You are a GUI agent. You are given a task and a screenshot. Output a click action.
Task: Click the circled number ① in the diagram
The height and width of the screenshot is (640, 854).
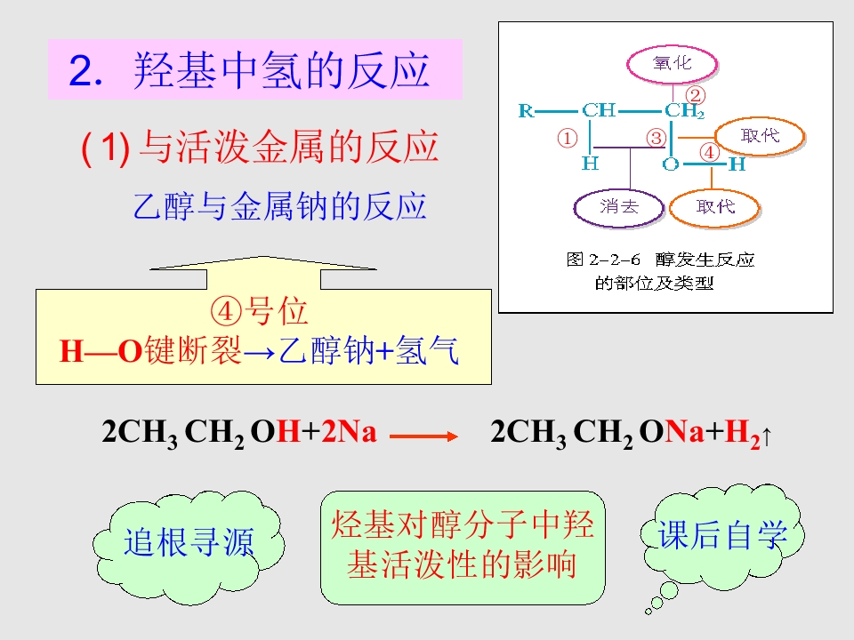tap(567, 138)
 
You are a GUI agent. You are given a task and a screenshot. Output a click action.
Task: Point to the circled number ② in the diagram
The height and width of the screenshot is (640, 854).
tap(695, 95)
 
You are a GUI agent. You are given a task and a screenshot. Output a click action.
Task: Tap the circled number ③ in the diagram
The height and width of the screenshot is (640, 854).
tap(657, 138)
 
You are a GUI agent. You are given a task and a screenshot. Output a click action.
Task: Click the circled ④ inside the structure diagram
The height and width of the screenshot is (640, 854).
tap(709, 152)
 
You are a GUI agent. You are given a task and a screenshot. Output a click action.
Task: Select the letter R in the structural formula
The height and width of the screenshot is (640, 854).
tap(526, 111)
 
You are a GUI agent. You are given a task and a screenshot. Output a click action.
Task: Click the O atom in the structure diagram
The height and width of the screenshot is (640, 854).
tap(671, 164)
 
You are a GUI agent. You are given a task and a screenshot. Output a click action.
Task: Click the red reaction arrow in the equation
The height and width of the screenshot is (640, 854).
tap(423, 436)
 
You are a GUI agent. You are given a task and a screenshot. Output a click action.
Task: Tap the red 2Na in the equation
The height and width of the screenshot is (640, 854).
tap(349, 432)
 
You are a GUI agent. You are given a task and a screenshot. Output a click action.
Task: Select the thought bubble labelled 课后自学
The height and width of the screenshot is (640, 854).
tap(722, 536)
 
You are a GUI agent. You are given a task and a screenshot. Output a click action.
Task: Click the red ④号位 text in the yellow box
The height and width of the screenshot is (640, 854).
tap(259, 311)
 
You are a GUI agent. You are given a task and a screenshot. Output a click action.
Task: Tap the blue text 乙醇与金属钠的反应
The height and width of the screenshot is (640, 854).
tap(279, 206)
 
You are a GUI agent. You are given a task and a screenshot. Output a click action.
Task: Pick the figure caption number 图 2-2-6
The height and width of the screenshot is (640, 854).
tap(603, 260)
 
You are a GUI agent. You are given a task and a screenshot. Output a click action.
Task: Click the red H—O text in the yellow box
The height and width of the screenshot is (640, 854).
tap(101, 351)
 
